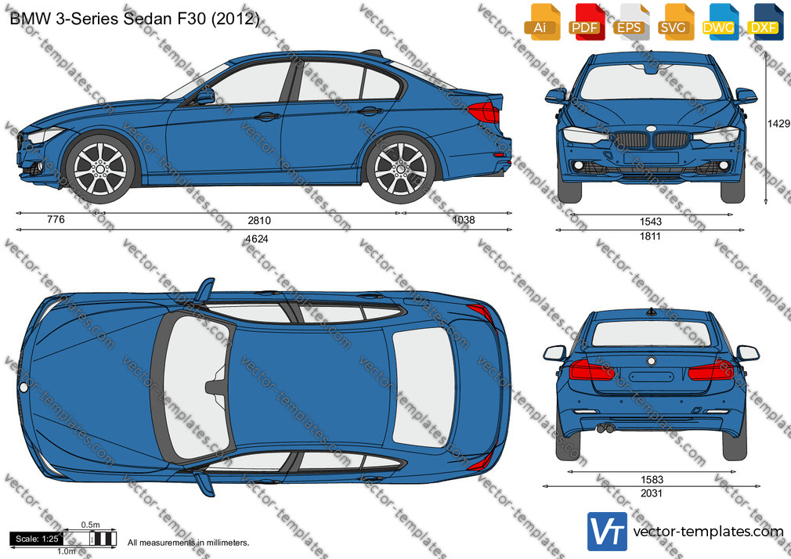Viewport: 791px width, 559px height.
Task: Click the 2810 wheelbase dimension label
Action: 258,221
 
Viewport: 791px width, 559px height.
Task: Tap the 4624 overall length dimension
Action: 256,239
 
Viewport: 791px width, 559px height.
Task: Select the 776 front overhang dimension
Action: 56,219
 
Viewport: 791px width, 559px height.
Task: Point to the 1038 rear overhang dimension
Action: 464,219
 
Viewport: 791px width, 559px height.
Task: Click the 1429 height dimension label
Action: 778,124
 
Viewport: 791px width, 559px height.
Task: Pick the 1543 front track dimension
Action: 650,222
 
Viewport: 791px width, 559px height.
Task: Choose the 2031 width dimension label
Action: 651,493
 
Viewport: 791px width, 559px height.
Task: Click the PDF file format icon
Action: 586,22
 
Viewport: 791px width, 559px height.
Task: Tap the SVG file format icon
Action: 674,22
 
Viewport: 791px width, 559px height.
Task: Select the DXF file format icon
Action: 764,22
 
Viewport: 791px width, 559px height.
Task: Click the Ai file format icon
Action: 541,22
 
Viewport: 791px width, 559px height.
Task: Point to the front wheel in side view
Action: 100,169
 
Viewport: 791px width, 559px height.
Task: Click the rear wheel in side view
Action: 401,169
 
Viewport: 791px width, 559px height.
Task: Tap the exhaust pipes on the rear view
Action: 605,429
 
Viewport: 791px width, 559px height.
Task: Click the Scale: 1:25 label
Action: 37,539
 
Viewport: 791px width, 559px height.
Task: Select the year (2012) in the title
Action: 235,19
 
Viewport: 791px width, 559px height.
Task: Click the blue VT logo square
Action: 608,532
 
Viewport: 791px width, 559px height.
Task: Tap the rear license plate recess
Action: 652,377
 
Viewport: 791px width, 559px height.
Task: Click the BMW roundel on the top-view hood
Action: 23,388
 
